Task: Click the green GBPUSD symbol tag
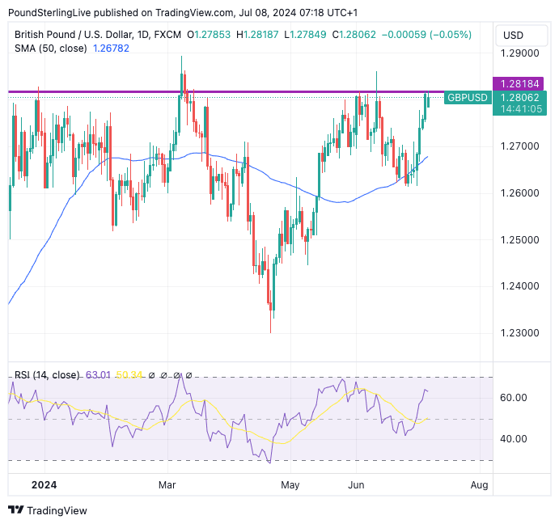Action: (468, 98)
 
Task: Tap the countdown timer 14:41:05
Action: (521, 109)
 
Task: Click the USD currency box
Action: (513, 36)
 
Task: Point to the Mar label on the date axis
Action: (167, 485)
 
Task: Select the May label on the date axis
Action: (290, 485)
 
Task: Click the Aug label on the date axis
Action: (479, 485)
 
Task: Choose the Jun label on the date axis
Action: (357, 485)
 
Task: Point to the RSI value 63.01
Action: (100, 375)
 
